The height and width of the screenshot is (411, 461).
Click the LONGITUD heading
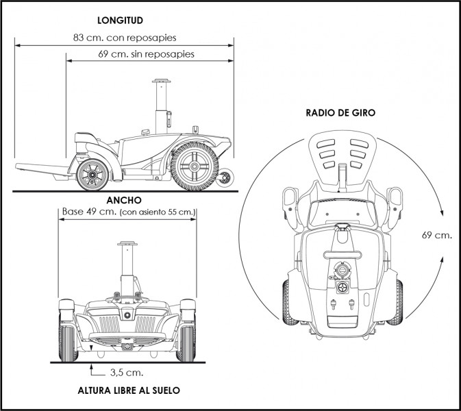(x=120, y=21)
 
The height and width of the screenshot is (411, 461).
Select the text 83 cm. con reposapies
(x=125, y=38)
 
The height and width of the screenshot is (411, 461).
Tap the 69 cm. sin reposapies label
(x=146, y=54)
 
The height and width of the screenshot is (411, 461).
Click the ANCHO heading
(x=124, y=200)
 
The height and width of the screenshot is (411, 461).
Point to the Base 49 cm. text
(x=90, y=212)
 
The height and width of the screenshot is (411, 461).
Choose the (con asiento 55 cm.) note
(x=158, y=212)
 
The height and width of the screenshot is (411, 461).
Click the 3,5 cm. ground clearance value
(x=127, y=373)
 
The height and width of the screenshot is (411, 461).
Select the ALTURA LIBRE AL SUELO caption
(x=129, y=390)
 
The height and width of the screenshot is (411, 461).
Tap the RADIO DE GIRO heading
(x=340, y=113)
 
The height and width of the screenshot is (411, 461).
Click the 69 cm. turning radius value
(x=436, y=235)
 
